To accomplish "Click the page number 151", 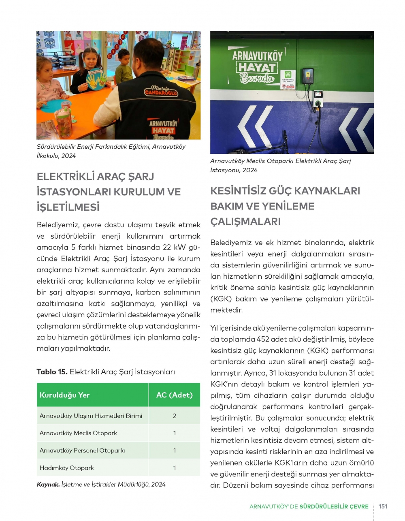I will point(383,506).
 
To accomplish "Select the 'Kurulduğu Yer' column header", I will point(64,395).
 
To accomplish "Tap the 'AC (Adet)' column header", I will point(174,395).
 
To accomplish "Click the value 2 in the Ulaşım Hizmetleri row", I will point(175,416).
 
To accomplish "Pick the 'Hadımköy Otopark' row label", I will point(67,468).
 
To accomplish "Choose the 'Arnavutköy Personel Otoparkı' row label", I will point(82,450).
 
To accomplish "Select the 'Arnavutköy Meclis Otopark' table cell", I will point(78,433).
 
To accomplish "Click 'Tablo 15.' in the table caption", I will point(52,372).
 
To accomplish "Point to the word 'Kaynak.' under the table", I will point(48,485).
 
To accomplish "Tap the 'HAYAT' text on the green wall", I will point(256,67).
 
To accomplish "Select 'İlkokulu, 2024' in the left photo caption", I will point(56,156).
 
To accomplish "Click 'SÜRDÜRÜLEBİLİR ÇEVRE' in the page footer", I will point(334,506).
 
